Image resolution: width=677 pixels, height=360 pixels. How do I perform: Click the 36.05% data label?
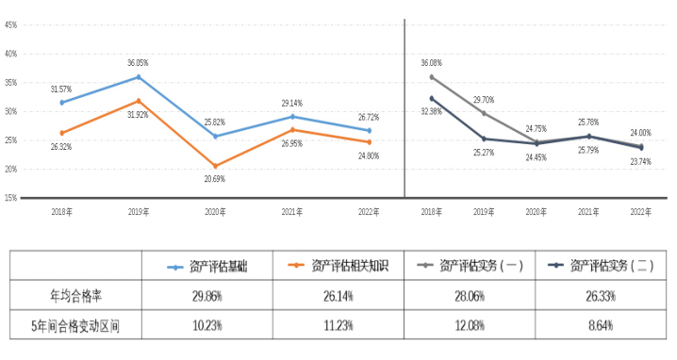[139, 63]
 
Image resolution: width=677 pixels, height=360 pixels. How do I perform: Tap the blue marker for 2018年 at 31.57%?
[62, 102]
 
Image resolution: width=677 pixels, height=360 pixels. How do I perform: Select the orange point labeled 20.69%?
[216, 165]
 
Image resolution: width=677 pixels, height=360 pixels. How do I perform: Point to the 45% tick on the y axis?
[11, 25]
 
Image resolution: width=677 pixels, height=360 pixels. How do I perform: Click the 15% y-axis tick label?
[11, 198]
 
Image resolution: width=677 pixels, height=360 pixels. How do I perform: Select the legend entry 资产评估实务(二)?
[606, 268]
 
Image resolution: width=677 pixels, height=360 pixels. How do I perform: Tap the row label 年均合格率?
[75, 296]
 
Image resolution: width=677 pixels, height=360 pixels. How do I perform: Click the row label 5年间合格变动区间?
[75, 326]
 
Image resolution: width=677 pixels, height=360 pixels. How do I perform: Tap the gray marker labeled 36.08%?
[432, 76]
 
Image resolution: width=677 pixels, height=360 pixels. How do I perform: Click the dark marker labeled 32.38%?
[432, 98]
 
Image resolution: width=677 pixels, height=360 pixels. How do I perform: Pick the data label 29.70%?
[484, 99]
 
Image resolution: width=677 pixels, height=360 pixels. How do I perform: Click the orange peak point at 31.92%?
[139, 100]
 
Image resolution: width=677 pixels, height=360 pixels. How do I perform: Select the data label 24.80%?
[369, 155]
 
